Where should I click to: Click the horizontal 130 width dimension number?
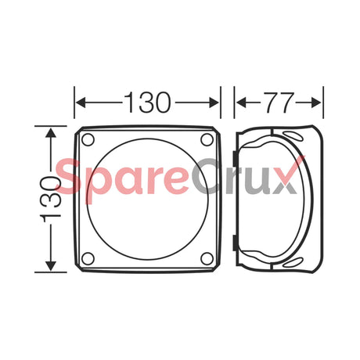pos(148,103)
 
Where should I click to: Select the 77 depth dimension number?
pos(279,103)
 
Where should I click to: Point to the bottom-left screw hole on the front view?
pos(88,257)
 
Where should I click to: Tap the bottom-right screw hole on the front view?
pos(207,257)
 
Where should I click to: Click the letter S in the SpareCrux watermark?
pos(73,178)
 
